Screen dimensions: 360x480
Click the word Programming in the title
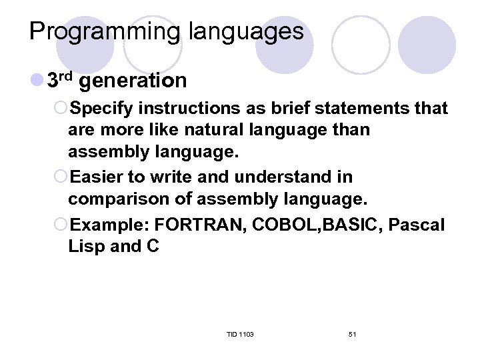pos(103,31)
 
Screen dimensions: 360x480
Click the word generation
pos(136,81)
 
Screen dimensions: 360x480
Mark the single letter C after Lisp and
pos(153,246)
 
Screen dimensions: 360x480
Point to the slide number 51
pos(352,333)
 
